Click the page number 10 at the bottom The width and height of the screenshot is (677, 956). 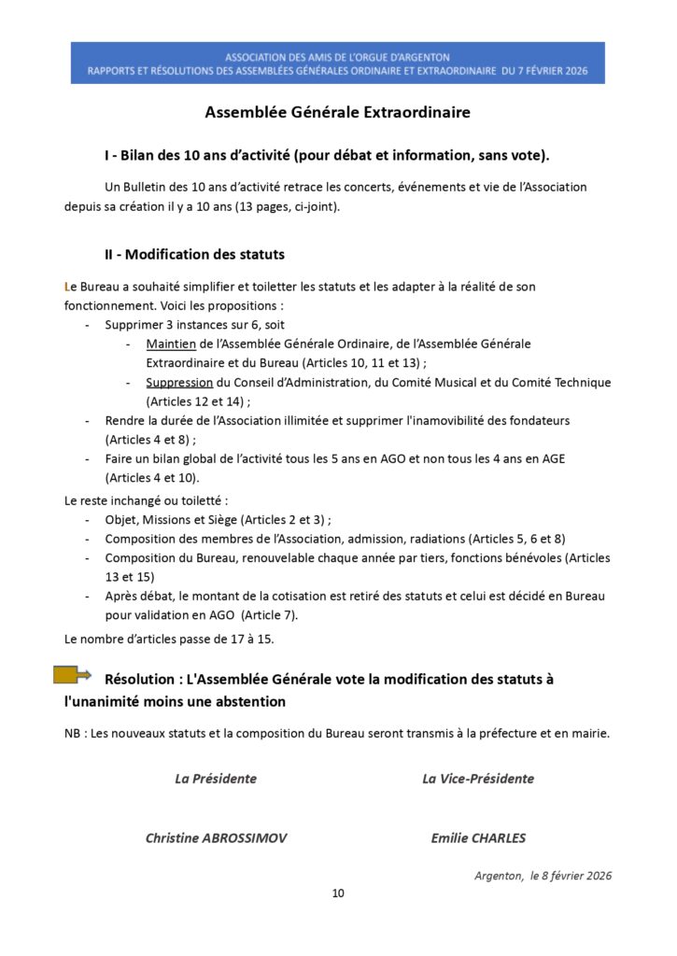(338, 893)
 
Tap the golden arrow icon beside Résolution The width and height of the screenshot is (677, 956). (71, 675)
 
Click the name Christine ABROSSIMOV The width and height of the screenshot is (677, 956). (216, 837)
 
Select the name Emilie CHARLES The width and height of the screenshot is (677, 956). (478, 837)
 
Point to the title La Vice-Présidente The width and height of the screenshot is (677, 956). (478, 779)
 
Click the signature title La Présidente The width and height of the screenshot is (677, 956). (216, 779)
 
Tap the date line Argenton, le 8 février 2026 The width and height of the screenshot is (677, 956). (543, 876)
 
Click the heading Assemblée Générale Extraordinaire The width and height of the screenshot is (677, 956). (338, 113)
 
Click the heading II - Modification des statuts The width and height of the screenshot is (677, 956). (194, 254)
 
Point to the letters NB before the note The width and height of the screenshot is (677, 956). (73, 734)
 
